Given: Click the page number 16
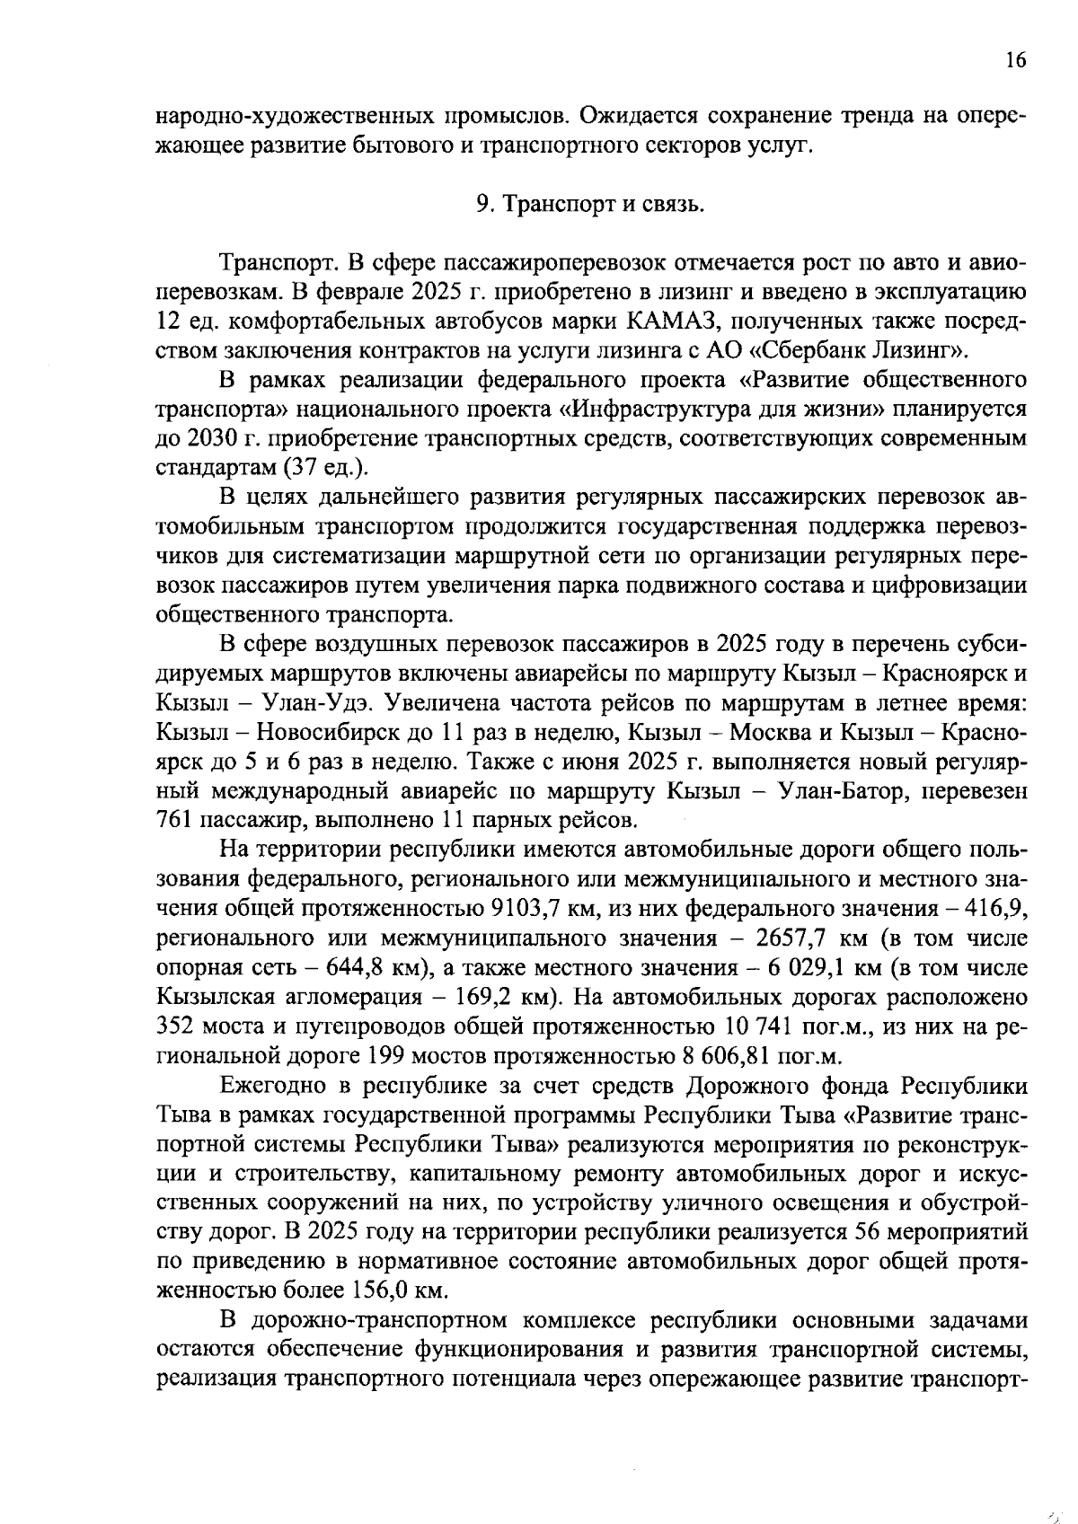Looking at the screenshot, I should [1015, 60].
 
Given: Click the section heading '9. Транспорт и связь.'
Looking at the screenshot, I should [589, 204].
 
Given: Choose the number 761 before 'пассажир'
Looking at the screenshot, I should [172, 821].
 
